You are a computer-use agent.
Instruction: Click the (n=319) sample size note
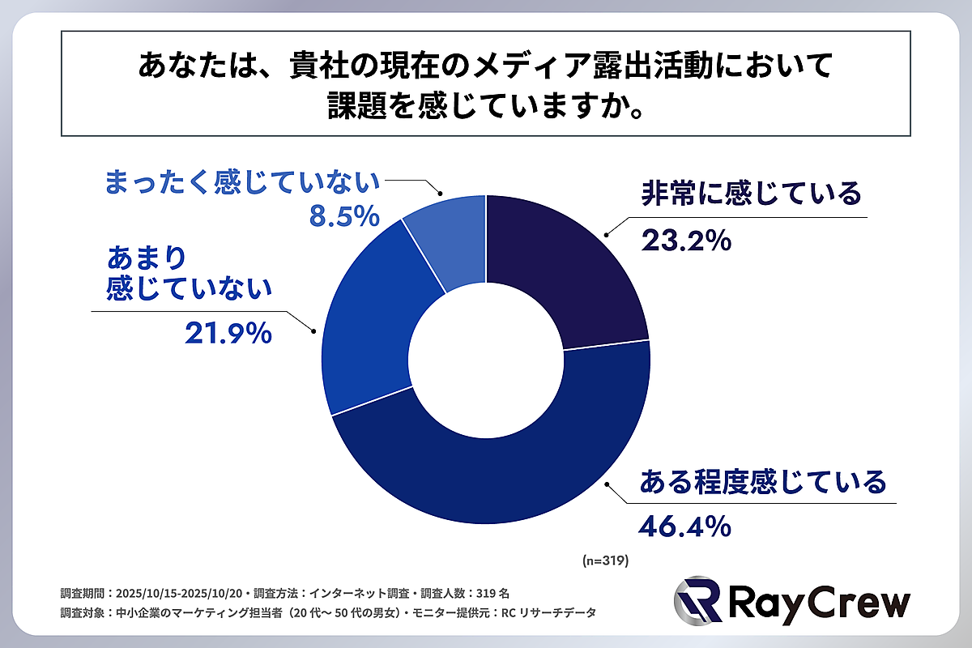[606, 560]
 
